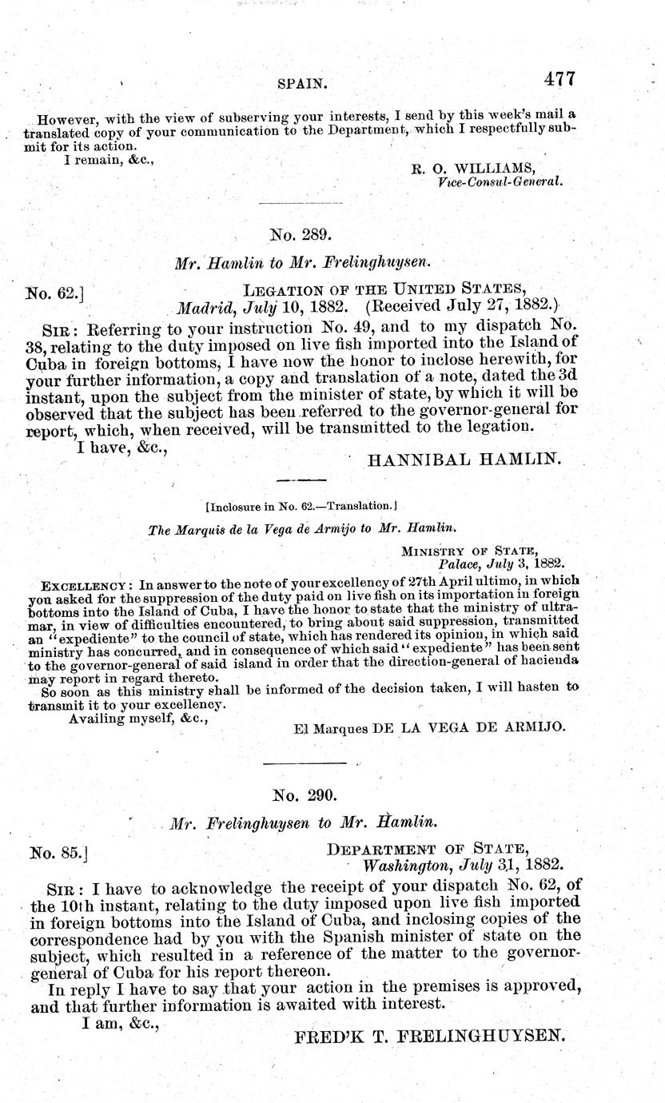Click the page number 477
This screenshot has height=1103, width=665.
(x=559, y=79)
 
